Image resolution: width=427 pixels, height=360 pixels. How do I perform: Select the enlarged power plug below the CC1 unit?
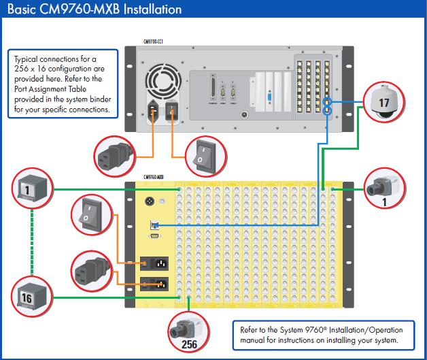115,154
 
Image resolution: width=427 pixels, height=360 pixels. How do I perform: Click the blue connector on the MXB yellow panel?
154,225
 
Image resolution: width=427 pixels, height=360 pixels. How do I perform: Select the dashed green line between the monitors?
33,242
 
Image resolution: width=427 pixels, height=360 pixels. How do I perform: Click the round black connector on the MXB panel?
150,201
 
